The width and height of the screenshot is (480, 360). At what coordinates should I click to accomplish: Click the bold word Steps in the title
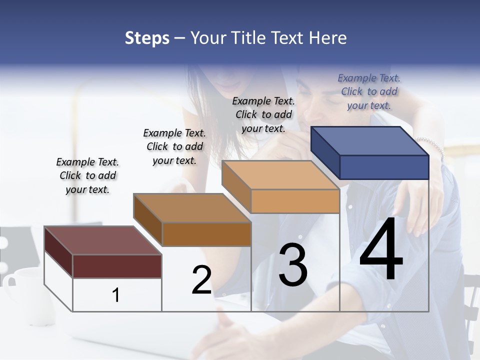[147, 38]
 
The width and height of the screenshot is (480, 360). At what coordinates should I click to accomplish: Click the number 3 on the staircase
[293, 264]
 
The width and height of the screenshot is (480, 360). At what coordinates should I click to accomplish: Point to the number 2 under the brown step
[201, 280]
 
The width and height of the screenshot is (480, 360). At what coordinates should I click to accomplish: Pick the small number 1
[115, 295]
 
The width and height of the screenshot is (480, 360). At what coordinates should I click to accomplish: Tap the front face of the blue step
[384, 167]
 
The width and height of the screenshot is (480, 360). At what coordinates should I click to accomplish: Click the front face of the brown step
[206, 234]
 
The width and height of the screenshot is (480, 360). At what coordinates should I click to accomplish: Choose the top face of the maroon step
[102, 240]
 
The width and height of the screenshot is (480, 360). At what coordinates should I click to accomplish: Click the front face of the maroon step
[117, 266]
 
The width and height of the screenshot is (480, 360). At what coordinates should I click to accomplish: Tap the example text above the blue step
[369, 91]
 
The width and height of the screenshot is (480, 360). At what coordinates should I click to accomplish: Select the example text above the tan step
[263, 114]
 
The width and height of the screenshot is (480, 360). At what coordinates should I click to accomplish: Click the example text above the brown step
[174, 146]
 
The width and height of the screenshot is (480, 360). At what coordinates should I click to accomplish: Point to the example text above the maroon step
[87, 175]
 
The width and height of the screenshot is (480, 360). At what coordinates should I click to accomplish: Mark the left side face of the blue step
[325, 152]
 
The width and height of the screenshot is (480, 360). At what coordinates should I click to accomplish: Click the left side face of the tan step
[236, 186]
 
